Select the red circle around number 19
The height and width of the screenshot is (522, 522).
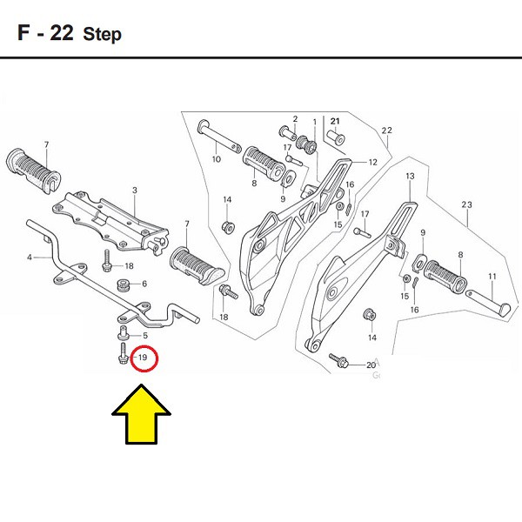[x=143, y=358]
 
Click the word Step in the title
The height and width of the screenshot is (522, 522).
[x=103, y=35]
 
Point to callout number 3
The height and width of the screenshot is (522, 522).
[x=135, y=190]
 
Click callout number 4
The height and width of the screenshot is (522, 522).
[x=30, y=258]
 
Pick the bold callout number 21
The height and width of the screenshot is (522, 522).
[x=336, y=120]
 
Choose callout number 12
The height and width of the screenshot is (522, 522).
[x=372, y=162]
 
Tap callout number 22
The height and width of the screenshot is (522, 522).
[x=387, y=130]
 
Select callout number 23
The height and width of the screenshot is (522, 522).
[x=466, y=205]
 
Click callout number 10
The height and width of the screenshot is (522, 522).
[x=217, y=160]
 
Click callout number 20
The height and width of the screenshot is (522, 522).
[x=371, y=365]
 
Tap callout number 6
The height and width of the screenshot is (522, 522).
[x=144, y=284]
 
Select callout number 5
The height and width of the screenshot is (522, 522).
[x=144, y=336]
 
